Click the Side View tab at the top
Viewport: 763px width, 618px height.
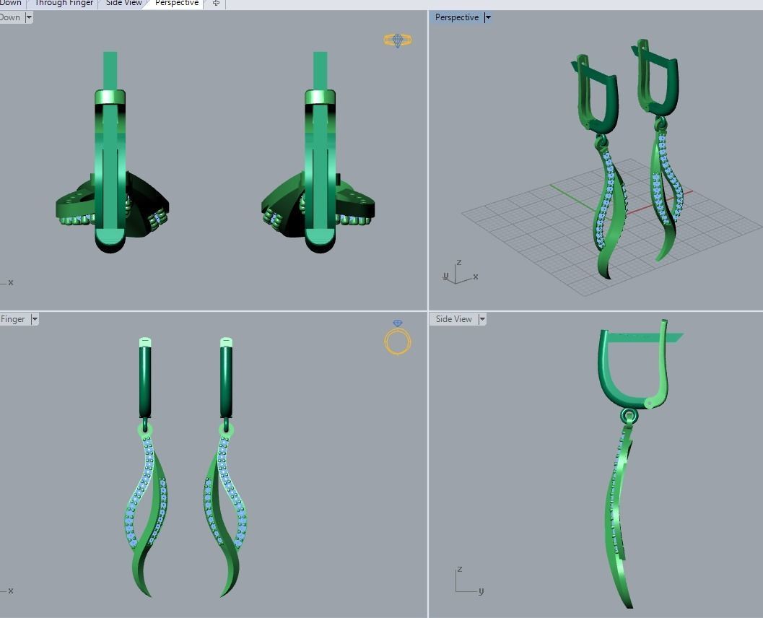pyautogui.click(x=124, y=4)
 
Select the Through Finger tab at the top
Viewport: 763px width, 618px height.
pyautogui.click(x=64, y=4)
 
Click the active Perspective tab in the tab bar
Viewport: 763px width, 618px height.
pyautogui.click(x=176, y=4)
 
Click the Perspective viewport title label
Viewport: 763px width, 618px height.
pyautogui.click(x=456, y=17)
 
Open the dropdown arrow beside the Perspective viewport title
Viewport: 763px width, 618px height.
pyautogui.click(x=488, y=17)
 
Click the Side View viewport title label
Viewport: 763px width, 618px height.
pyautogui.click(x=453, y=319)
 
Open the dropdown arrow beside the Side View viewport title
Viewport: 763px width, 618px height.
pyautogui.click(x=482, y=319)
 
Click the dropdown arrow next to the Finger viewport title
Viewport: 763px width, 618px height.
pyautogui.click(x=35, y=319)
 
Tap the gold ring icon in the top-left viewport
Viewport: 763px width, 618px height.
pyautogui.click(x=398, y=40)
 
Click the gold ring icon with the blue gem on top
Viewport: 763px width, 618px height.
pyautogui.click(x=398, y=338)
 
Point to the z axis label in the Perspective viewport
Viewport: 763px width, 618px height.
pyautogui.click(x=459, y=263)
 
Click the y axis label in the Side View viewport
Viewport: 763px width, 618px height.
pyautogui.click(x=481, y=591)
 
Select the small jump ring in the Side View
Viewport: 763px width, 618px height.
pyautogui.click(x=629, y=416)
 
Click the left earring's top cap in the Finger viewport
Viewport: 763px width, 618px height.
pyautogui.click(x=145, y=341)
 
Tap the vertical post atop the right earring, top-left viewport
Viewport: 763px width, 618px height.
pyautogui.click(x=320, y=70)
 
